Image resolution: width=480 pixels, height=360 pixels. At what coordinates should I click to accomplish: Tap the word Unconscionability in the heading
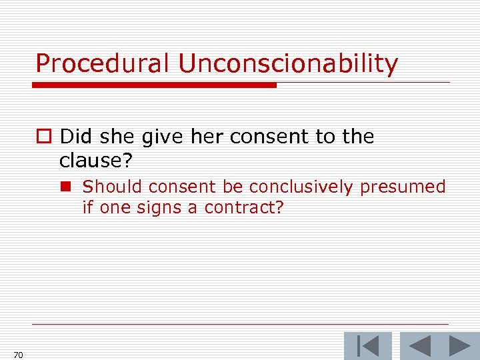(x=288, y=64)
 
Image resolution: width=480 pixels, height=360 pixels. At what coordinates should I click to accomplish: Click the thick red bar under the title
(x=155, y=85)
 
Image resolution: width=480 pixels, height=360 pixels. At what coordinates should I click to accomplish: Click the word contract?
(x=244, y=207)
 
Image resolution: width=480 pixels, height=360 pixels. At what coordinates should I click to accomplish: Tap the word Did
(x=75, y=137)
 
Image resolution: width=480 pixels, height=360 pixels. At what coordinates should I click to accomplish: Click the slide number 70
(x=18, y=355)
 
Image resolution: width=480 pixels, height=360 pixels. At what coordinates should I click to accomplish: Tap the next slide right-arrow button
(x=459, y=345)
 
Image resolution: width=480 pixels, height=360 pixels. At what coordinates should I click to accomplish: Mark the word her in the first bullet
(x=207, y=137)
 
